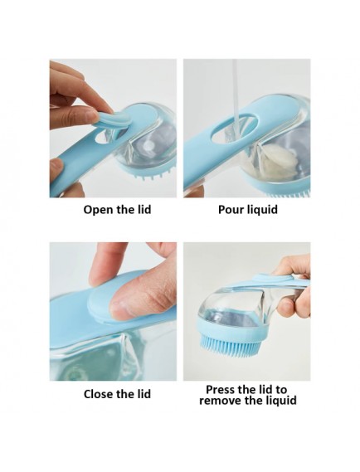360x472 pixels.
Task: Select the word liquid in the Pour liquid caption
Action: click(262, 210)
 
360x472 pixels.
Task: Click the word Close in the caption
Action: click(99, 394)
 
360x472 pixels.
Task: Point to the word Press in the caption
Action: click(221, 390)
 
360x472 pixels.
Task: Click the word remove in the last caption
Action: click(221, 401)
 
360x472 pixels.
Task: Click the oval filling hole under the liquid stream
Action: click(235, 126)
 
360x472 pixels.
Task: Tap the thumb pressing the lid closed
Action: click(143, 296)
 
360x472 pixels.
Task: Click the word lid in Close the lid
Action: click(143, 394)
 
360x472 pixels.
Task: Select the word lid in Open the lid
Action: click(143, 210)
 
